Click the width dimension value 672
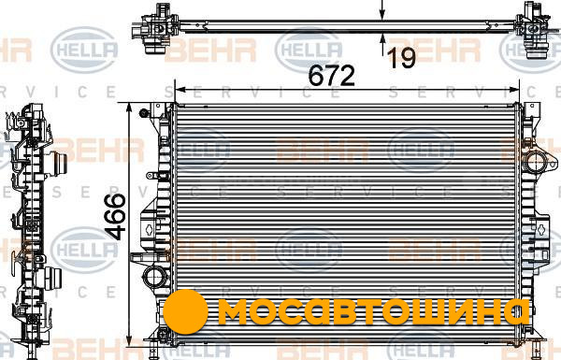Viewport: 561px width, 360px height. pyautogui.click(x=331, y=76)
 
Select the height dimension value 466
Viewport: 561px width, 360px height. pyautogui.click(x=117, y=217)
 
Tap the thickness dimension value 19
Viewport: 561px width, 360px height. pyautogui.click(x=402, y=58)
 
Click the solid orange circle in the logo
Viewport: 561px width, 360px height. pyautogui.click(x=185, y=312)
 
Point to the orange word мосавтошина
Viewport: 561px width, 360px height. pyautogui.click(x=373, y=312)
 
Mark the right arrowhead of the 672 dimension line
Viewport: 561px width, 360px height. pyautogui.click(x=513, y=90)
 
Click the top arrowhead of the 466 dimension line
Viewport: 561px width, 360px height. pyautogui.click(x=130, y=108)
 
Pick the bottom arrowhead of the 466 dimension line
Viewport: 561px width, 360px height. pyautogui.click(x=130, y=340)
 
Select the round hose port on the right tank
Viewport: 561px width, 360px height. pyautogui.click(x=535, y=162)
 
